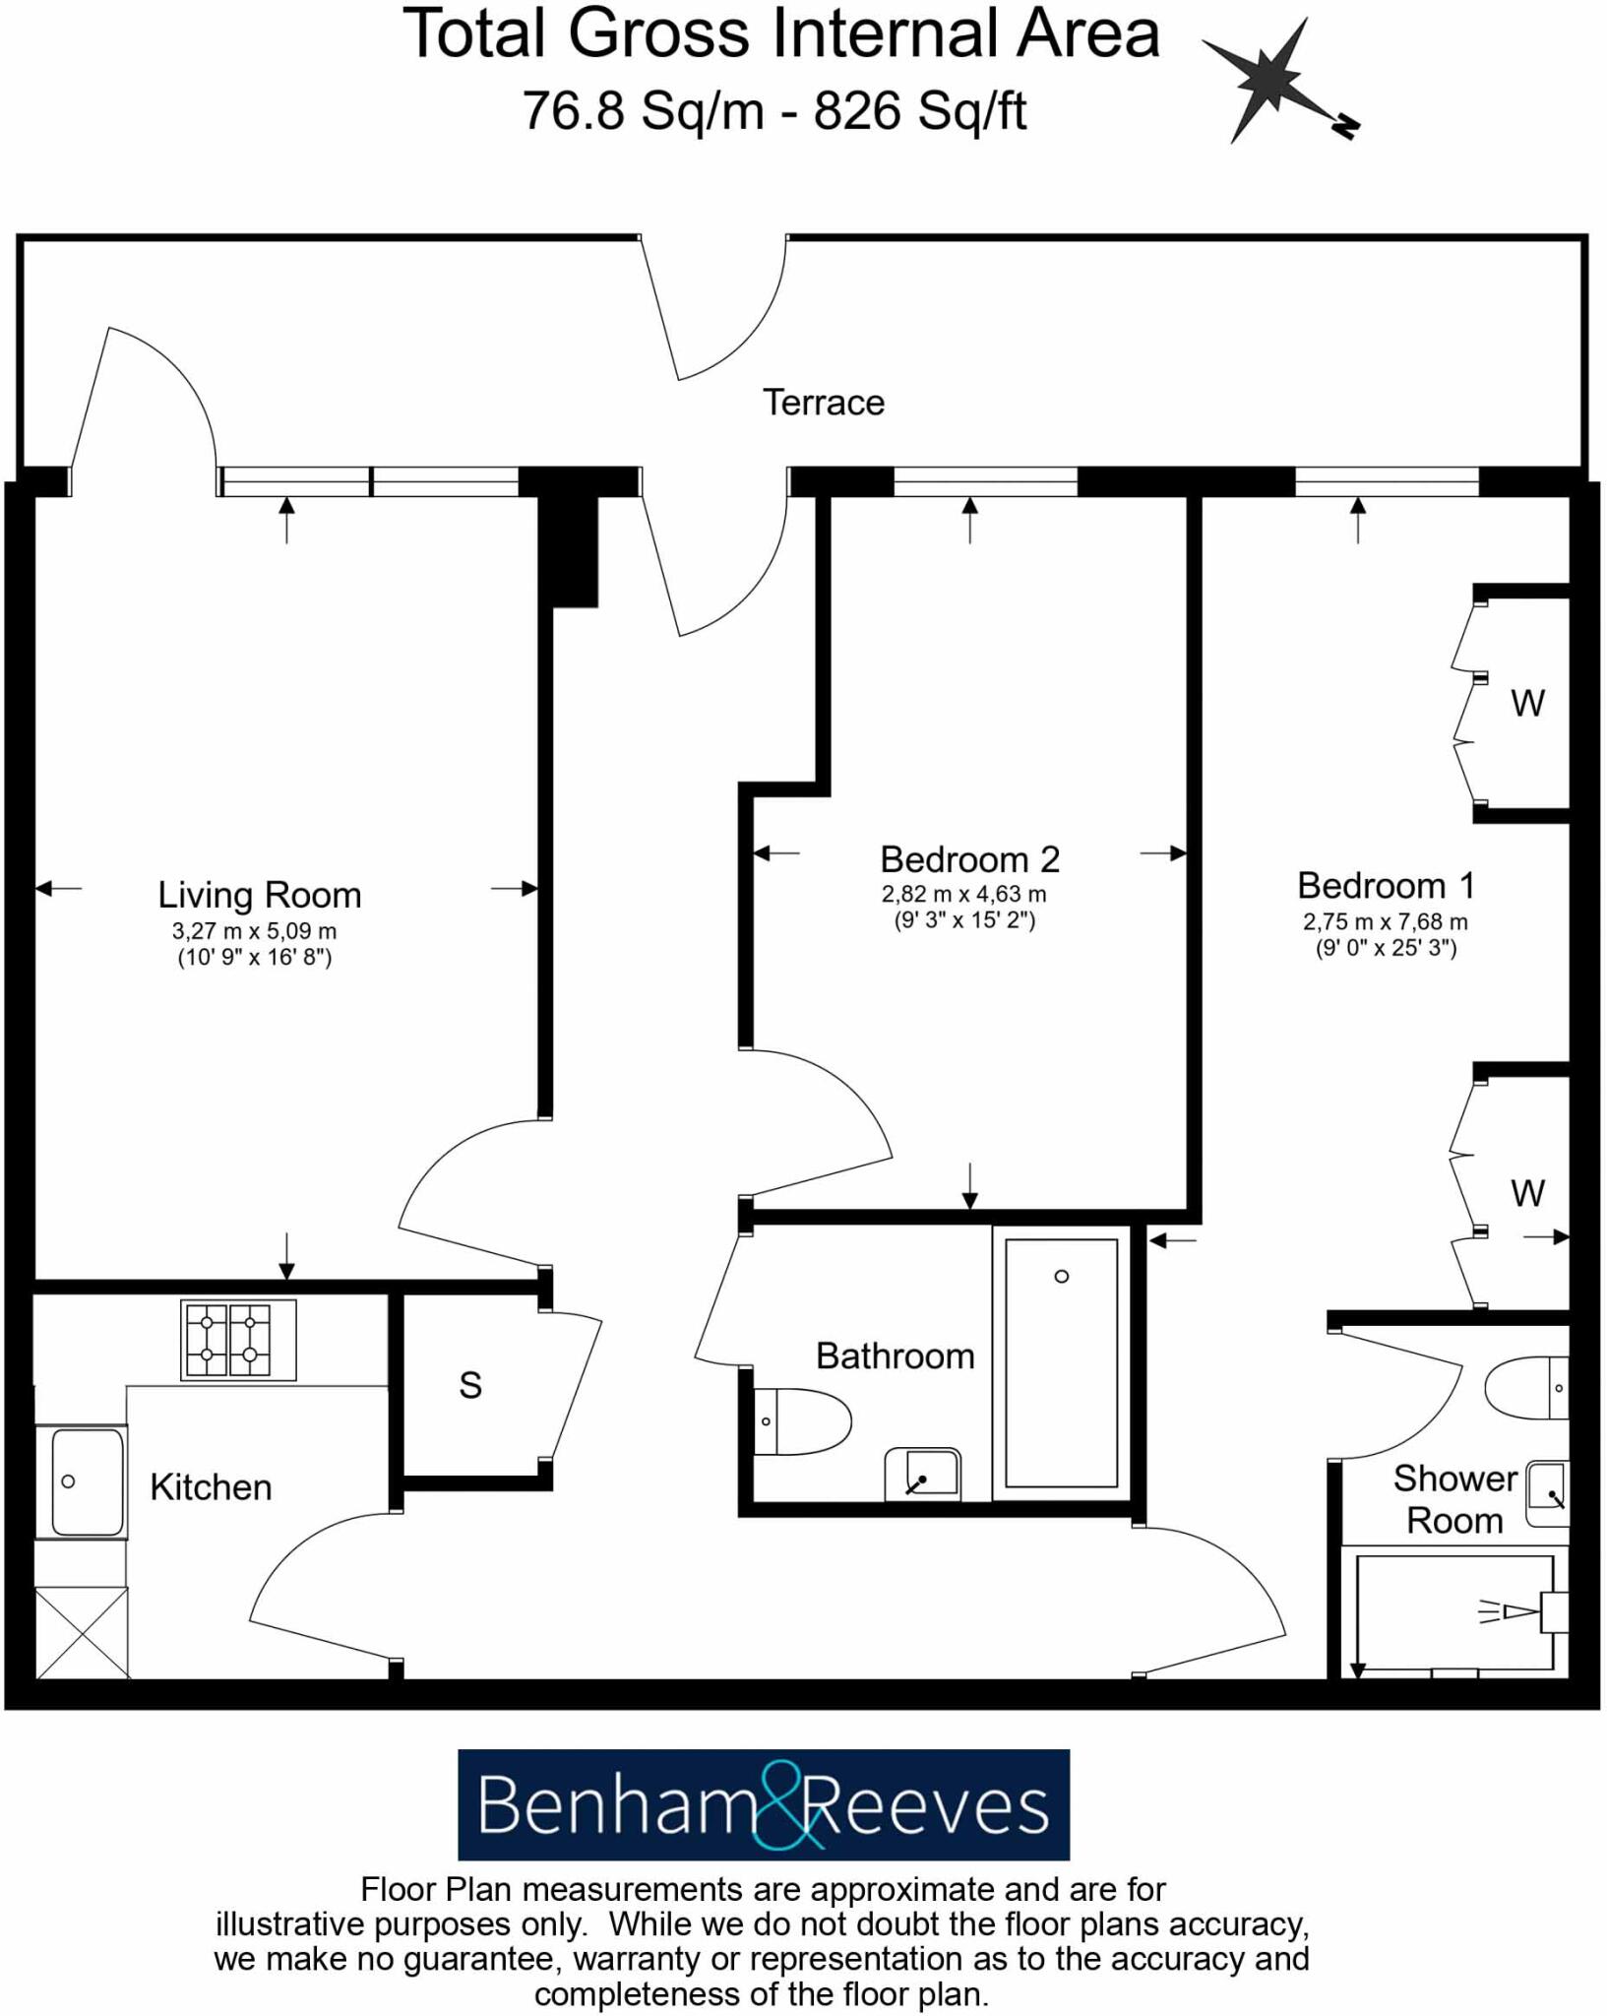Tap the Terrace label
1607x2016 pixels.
(823, 403)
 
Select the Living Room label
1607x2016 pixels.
(260, 895)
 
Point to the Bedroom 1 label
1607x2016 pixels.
(1385, 885)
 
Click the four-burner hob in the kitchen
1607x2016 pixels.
(238, 1340)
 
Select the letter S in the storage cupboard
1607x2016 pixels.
(470, 1385)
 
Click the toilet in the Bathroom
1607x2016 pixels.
(801, 1421)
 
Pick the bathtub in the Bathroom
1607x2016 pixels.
(1061, 1363)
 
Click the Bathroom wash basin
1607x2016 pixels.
(923, 1474)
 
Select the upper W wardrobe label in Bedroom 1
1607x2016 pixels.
(1527, 703)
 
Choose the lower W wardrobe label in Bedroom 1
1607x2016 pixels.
(1527, 1193)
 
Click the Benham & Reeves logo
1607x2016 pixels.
(764, 1804)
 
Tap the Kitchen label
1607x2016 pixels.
(211, 1486)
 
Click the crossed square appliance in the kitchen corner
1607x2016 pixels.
(82, 1632)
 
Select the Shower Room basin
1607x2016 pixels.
(1547, 1493)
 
